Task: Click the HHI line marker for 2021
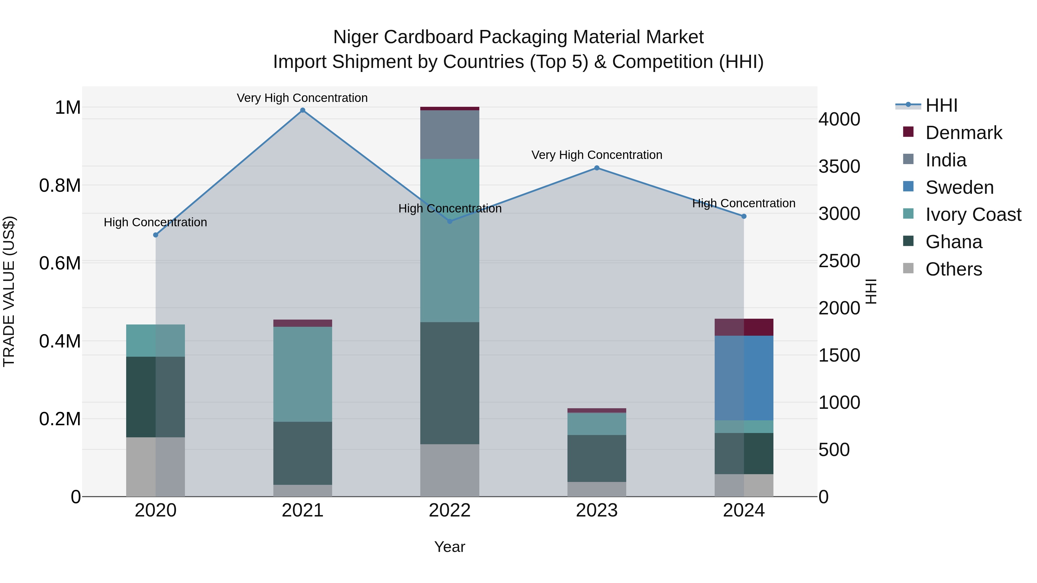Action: (303, 110)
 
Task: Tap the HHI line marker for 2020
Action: (156, 235)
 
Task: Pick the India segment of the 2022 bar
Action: (450, 134)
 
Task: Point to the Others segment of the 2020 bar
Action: (156, 466)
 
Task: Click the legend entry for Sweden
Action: (959, 187)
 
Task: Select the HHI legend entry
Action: (941, 105)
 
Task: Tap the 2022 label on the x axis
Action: (450, 510)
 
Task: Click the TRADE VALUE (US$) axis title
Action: (9, 291)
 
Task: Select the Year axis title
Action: (450, 547)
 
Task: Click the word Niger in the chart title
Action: (355, 37)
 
